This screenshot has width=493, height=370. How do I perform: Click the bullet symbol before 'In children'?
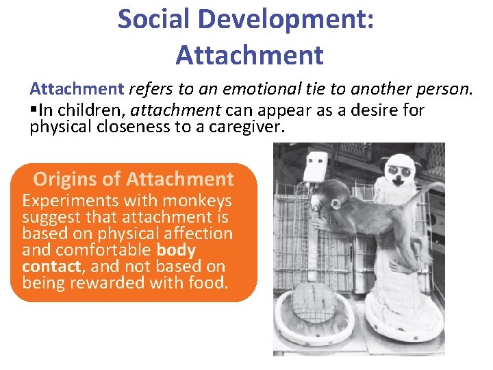[x=34, y=110]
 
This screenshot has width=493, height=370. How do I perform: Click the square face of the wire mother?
[x=315, y=164]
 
